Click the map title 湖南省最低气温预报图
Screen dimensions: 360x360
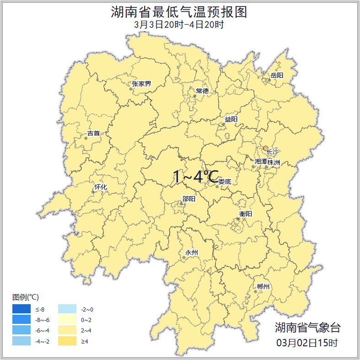click(x=179, y=12)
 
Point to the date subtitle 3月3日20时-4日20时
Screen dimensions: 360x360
click(x=179, y=25)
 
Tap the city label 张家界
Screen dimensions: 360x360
click(x=141, y=84)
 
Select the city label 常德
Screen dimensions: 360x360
click(x=202, y=91)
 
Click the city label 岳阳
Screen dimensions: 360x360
click(x=277, y=75)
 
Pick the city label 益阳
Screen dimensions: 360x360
click(x=231, y=119)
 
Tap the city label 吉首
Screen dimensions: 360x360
click(x=93, y=134)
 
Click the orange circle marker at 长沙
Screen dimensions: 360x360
click(x=266, y=148)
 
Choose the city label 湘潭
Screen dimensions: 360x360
click(x=261, y=162)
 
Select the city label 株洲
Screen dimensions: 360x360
click(x=274, y=162)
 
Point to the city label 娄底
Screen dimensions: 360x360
click(x=225, y=182)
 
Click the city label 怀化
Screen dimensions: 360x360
click(x=101, y=187)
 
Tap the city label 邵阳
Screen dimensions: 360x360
click(x=189, y=199)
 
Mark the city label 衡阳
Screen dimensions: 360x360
click(x=246, y=214)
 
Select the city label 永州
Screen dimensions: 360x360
click(x=192, y=253)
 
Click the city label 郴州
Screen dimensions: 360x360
click(x=263, y=287)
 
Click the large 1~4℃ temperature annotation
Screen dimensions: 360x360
click(x=196, y=177)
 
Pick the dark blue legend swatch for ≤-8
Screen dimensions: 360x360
click(x=21, y=310)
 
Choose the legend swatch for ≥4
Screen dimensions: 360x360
click(x=67, y=341)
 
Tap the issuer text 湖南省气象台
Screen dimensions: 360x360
click(x=307, y=328)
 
